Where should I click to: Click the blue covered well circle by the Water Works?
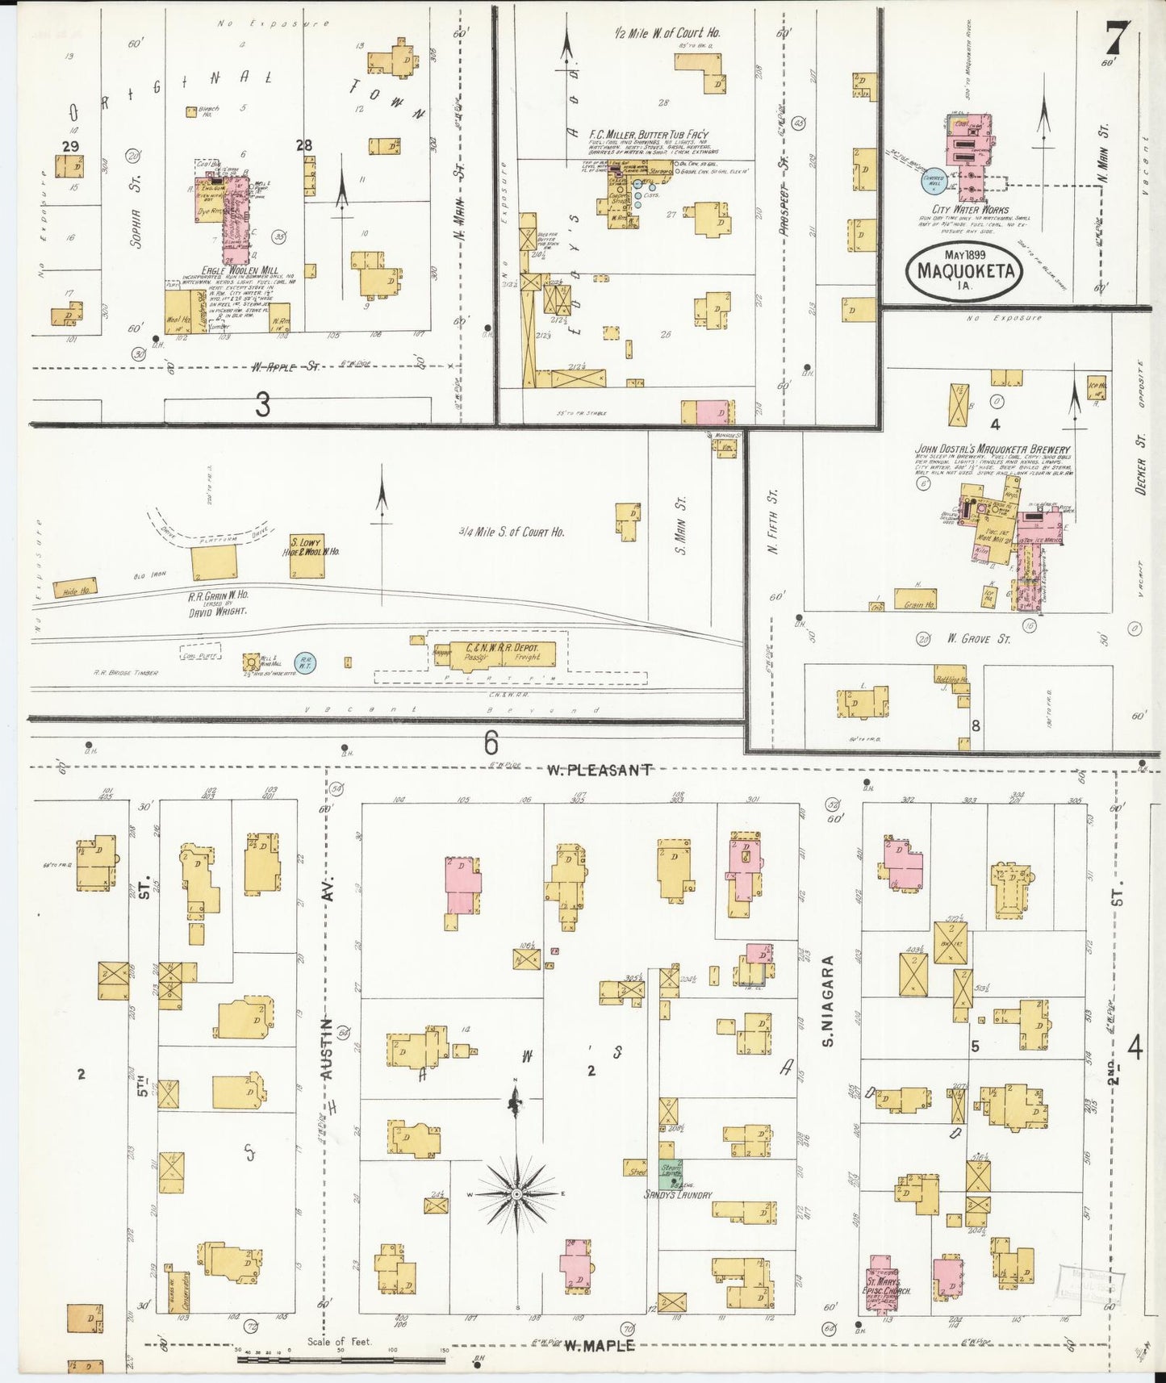click(934, 181)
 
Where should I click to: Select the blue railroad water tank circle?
click(305, 663)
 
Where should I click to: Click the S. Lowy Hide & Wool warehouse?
click(307, 555)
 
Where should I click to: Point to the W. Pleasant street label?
click(598, 770)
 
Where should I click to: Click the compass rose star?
click(516, 1193)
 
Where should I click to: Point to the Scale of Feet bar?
click(341, 1360)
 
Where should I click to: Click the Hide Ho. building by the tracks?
click(77, 589)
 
